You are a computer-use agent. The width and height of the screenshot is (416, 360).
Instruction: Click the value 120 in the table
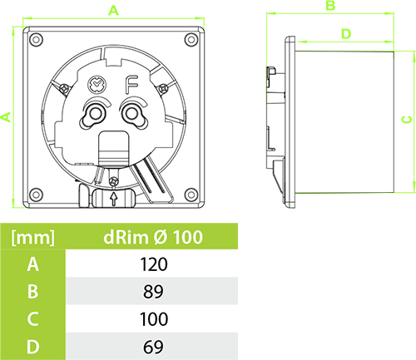154,264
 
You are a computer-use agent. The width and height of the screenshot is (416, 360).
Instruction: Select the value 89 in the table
153,291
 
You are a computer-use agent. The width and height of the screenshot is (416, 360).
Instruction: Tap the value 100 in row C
154,319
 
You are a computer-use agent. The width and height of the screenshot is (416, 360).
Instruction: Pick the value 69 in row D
153,347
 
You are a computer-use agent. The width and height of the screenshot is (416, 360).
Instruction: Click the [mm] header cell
32,238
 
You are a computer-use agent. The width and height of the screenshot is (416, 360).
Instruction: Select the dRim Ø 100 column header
153,237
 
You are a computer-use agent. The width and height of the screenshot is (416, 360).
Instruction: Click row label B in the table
32,291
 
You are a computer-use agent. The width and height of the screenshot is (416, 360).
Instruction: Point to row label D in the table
32,347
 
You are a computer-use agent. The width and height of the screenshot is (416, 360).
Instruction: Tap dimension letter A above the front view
113,11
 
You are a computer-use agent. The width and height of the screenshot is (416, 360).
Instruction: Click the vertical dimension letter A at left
6,117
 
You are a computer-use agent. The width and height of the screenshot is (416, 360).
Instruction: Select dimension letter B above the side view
330,6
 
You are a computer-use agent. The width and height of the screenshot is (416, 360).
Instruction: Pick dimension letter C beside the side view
407,120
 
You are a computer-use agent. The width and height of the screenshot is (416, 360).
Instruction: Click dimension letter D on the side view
346,34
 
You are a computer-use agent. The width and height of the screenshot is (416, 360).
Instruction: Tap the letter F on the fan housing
131,84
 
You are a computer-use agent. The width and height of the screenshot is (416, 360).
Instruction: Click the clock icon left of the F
97,85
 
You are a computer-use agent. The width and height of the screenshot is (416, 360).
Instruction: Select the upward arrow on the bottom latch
114,199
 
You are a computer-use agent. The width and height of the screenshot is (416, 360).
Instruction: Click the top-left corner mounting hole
36,39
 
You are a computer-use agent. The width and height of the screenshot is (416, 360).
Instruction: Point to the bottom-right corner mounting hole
191,195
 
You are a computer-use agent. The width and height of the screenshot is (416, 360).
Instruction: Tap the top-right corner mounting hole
191,39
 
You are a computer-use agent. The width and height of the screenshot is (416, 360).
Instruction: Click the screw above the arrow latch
114,181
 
